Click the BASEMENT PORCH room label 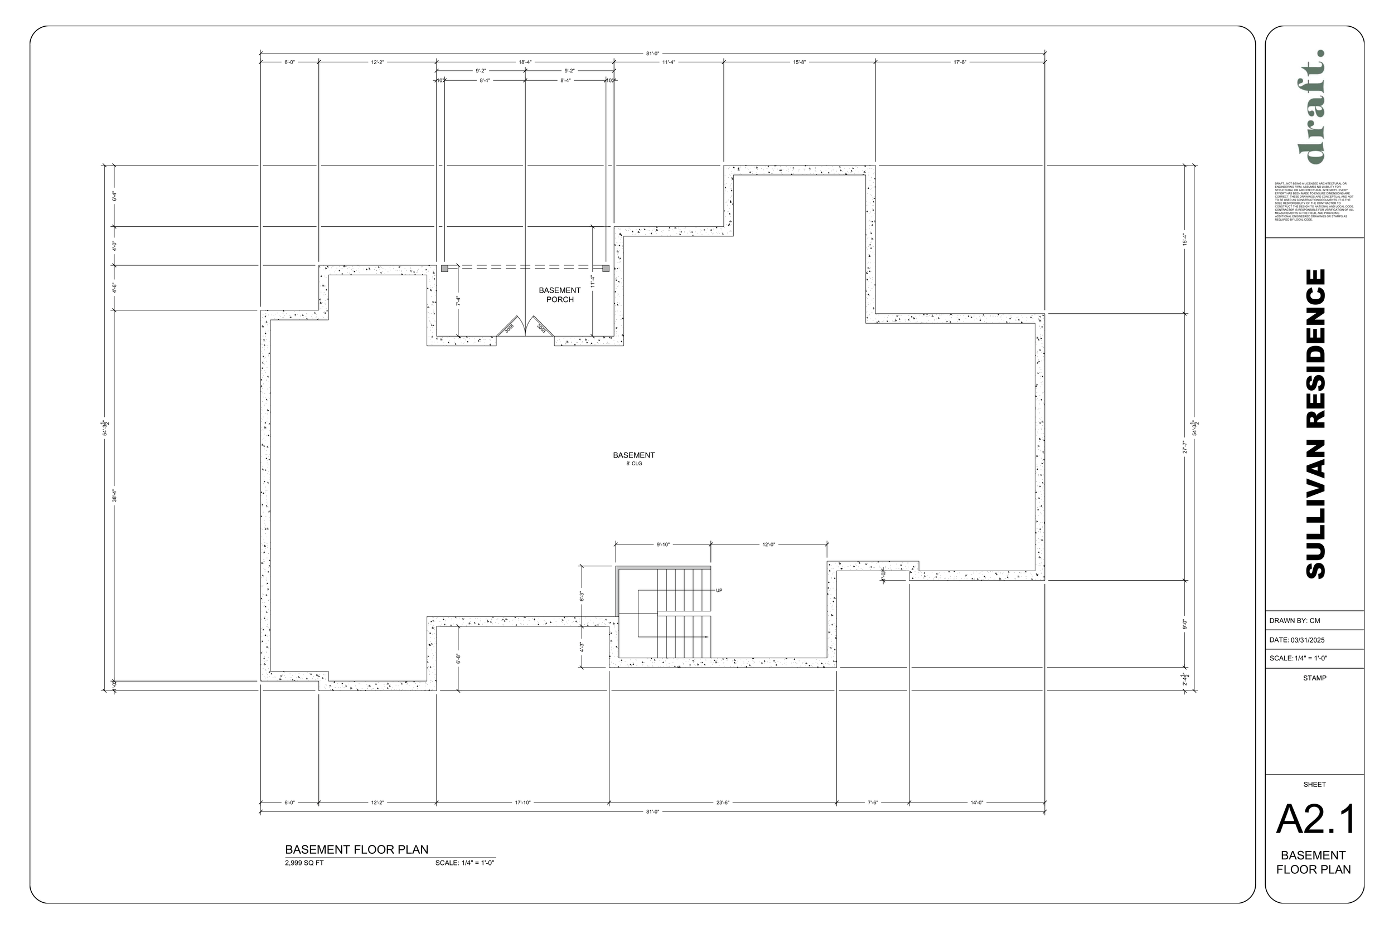pyautogui.click(x=559, y=294)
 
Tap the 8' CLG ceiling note pyautogui.click(x=633, y=463)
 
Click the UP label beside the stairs pyautogui.click(x=719, y=590)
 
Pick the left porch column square pyautogui.click(x=444, y=269)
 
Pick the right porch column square pyautogui.click(x=606, y=269)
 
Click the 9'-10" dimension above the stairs pyautogui.click(x=662, y=544)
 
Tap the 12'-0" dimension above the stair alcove pyautogui.click(x=769, y=544)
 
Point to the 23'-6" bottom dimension pyautogui.click(x=723, y=802)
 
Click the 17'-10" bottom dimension pyautogui.click(x=522, y=802)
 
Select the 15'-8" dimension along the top pyautogui.click(x=799, y=62)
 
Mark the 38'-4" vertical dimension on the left pyautogui.click(x=114, y=495)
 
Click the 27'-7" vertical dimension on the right pyautogui.click(x=1185, y=447)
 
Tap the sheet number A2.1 pyautogui.click(x=1315, y=819)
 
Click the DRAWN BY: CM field pyautogui.click(x=1294, y=620)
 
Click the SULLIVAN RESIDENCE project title pyautogui.click(x=1315, y=424)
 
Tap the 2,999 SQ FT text pyautogui.click(x=304, y=863)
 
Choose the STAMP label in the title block pyautogui.click(x=1314, y=678)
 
